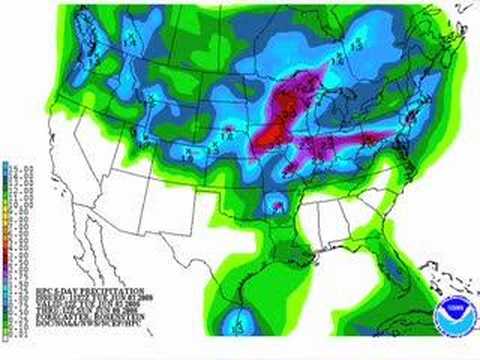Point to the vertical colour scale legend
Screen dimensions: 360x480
[7, 241]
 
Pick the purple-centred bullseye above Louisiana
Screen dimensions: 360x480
[273, 207]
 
